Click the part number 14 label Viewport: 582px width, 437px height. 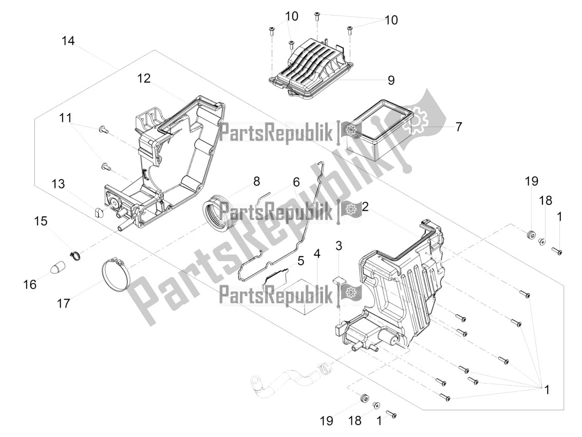coord(68,41)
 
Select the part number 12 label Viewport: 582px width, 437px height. coord(144,79)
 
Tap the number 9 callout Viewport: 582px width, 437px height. coord(391,80)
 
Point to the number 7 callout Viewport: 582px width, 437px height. coord(458,126)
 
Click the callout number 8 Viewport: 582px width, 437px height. coord(256,181)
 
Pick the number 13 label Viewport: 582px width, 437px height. coord(58,184)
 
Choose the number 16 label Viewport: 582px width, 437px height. coord(30,285)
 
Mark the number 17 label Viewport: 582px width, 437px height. coord(63,304)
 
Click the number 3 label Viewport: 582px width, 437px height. coord(339,246)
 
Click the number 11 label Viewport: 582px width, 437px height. coord(65,118)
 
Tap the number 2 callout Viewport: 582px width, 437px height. coord(365,207)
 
